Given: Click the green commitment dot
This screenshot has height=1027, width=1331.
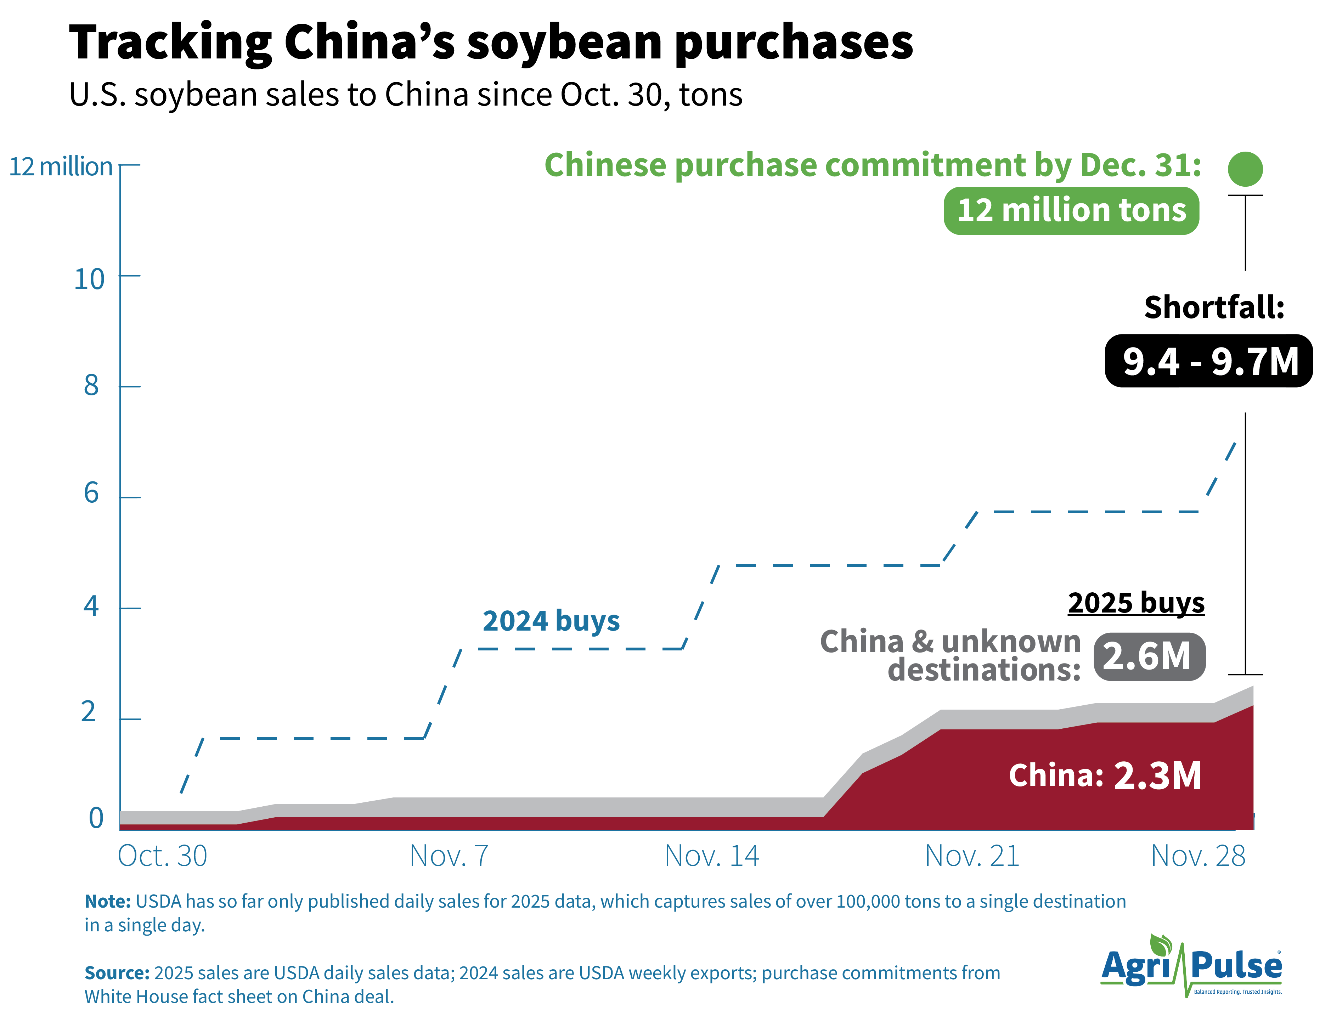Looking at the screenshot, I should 1245,169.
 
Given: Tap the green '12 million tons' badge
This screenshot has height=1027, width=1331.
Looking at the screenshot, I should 1071,211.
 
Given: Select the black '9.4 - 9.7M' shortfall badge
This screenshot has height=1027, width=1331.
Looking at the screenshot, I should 1208,361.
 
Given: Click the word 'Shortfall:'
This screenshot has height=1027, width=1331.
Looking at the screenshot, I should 1214,307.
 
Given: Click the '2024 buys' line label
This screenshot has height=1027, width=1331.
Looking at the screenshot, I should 551,621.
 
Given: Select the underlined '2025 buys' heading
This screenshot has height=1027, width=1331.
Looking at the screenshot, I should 1136,603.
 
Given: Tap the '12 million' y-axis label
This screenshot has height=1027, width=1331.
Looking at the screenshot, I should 61,167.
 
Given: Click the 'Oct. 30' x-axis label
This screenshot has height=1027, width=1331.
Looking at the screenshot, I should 162,856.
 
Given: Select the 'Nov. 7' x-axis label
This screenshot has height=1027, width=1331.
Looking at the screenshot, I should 449,856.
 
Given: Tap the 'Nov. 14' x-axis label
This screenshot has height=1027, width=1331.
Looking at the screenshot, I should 711,856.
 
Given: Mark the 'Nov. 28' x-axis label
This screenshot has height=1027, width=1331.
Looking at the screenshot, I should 1197,856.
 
